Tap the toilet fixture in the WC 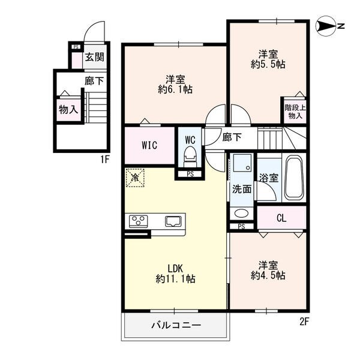tap(190, 157)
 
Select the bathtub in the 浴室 tap(293, 178)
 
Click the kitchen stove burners tap(138, 221)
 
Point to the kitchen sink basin tap(173, 221)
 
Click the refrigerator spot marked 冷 tap(135, 178)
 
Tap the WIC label tap(149, 145)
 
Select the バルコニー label tap(176, 325)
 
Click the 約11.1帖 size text tap(175, 279)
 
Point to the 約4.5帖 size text tap(268, 275)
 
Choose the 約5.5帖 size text tap(268, 64)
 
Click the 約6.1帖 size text tap(175, 89)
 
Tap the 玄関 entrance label tap(95, 57)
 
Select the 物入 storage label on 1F tap(68, 110)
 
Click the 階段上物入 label tap(295, 112)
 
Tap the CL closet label tap(281, 218)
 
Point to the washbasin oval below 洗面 tap(241, 213)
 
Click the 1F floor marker tap(104, 160)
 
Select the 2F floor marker tap(304, 322)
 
